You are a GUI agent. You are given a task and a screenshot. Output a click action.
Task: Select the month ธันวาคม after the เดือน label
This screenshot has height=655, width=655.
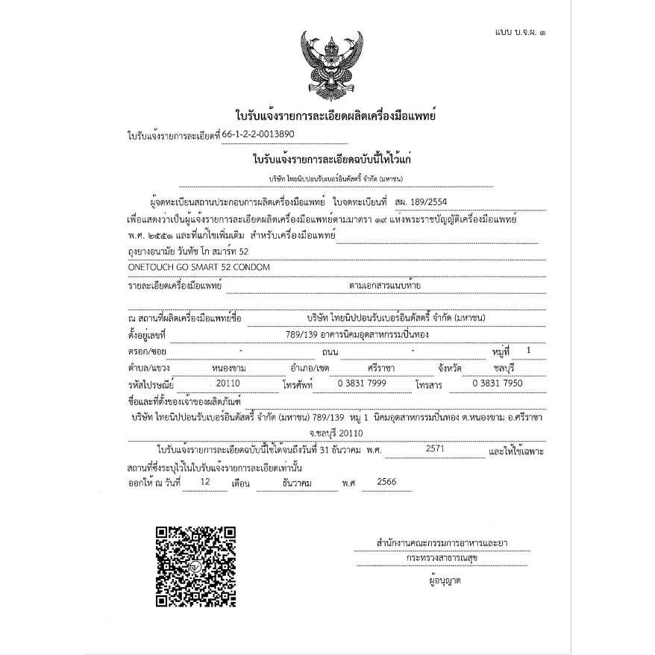296,483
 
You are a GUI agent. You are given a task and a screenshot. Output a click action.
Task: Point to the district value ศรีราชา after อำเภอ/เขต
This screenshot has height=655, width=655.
381,368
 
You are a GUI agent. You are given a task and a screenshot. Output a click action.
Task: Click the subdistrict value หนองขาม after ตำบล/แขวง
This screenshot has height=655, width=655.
229,368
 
